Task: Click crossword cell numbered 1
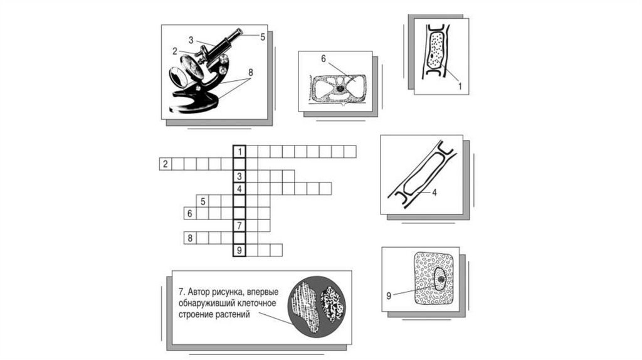pyautogui.click(x=239, y=152)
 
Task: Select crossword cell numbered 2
pyautogui.click(x=166, y=164)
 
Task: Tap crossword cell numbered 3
pyautogui.click(x=239, y=176)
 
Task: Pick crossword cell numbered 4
pyautogui.click(x=239, y=188)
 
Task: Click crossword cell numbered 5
pyautogui.click(x=203, y=201)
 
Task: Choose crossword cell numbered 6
pyautogui.click(x=190, y=213)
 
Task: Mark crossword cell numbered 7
pyautogui.click(x=239, y=225)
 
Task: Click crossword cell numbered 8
pyautogui.click(x=190, y=238)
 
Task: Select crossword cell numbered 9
pyautogui.click(x=239, y=250)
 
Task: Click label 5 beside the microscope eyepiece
pyautogui.click(x=263, y=37)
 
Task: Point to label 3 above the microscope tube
pyautogui.click(x=191, y=40)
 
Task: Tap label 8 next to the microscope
pyautogui.click(x=250, y=73)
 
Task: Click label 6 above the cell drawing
pyautogui.click(x=323, y=59)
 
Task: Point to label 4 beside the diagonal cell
pyautogui.click(x=434, y=192)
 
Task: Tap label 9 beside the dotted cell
pyautogui.click(x=389, y=295)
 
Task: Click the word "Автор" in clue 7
pyautogui.click(x=198, y=292)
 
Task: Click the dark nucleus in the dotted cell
pyautogui.click(x=441, y=279)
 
